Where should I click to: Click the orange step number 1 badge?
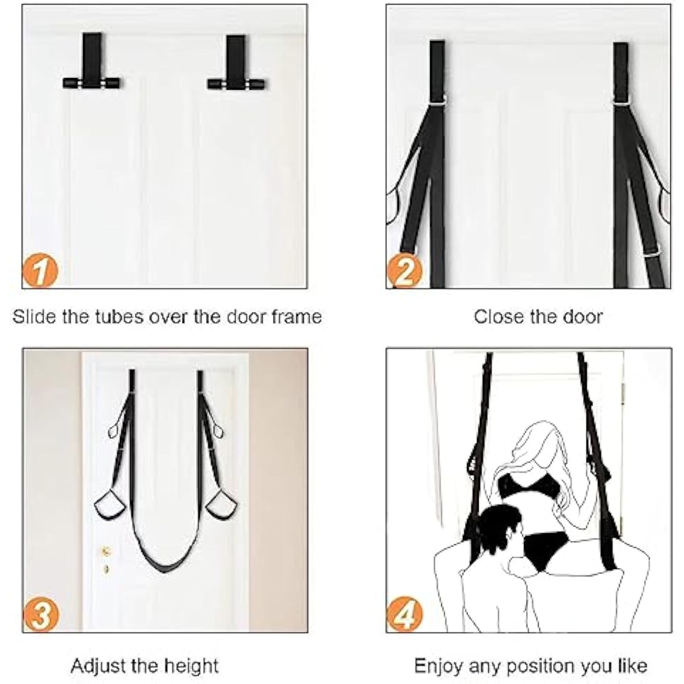[40, 271]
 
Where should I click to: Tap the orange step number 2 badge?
[404, 271]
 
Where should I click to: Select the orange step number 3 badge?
[40, 614]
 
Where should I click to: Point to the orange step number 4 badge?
[405, 614]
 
